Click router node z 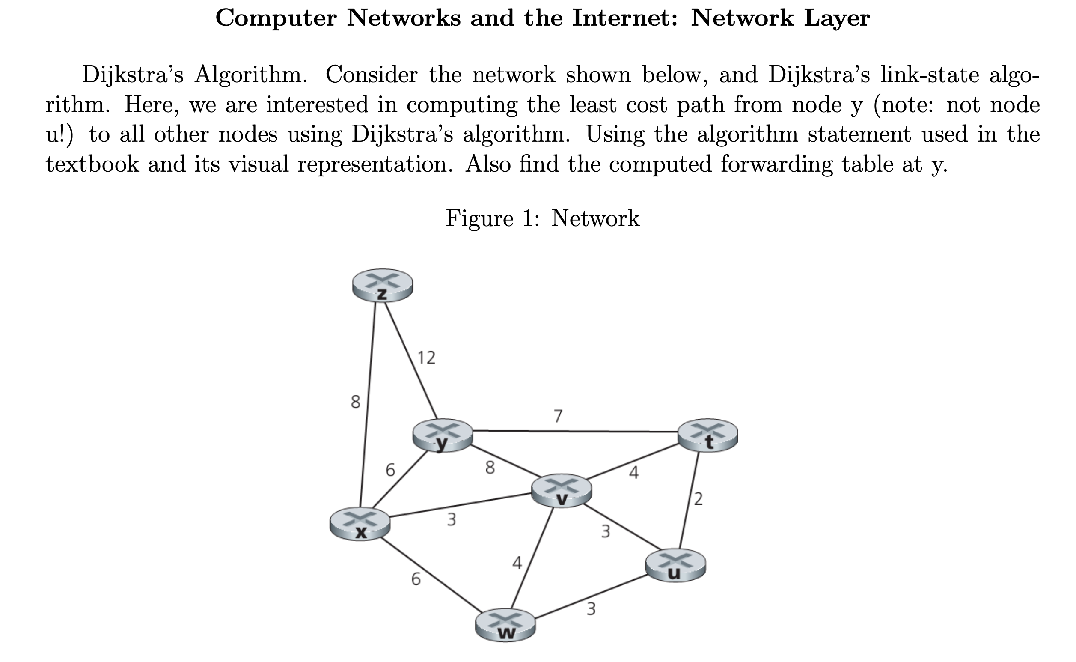point(382,285)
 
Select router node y point(443,435)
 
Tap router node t point(707,435)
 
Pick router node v point(561,490)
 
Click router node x point(360,524)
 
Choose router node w point(505,625)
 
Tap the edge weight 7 point(557,416)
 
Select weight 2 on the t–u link point(699,499)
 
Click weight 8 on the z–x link point(355,402)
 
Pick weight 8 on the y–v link point(490,468)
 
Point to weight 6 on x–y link point(390,470)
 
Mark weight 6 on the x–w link point(416,580)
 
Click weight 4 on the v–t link point(633,472)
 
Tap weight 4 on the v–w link point(517,563)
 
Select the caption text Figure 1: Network point(542,218)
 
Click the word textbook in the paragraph point(92,164)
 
